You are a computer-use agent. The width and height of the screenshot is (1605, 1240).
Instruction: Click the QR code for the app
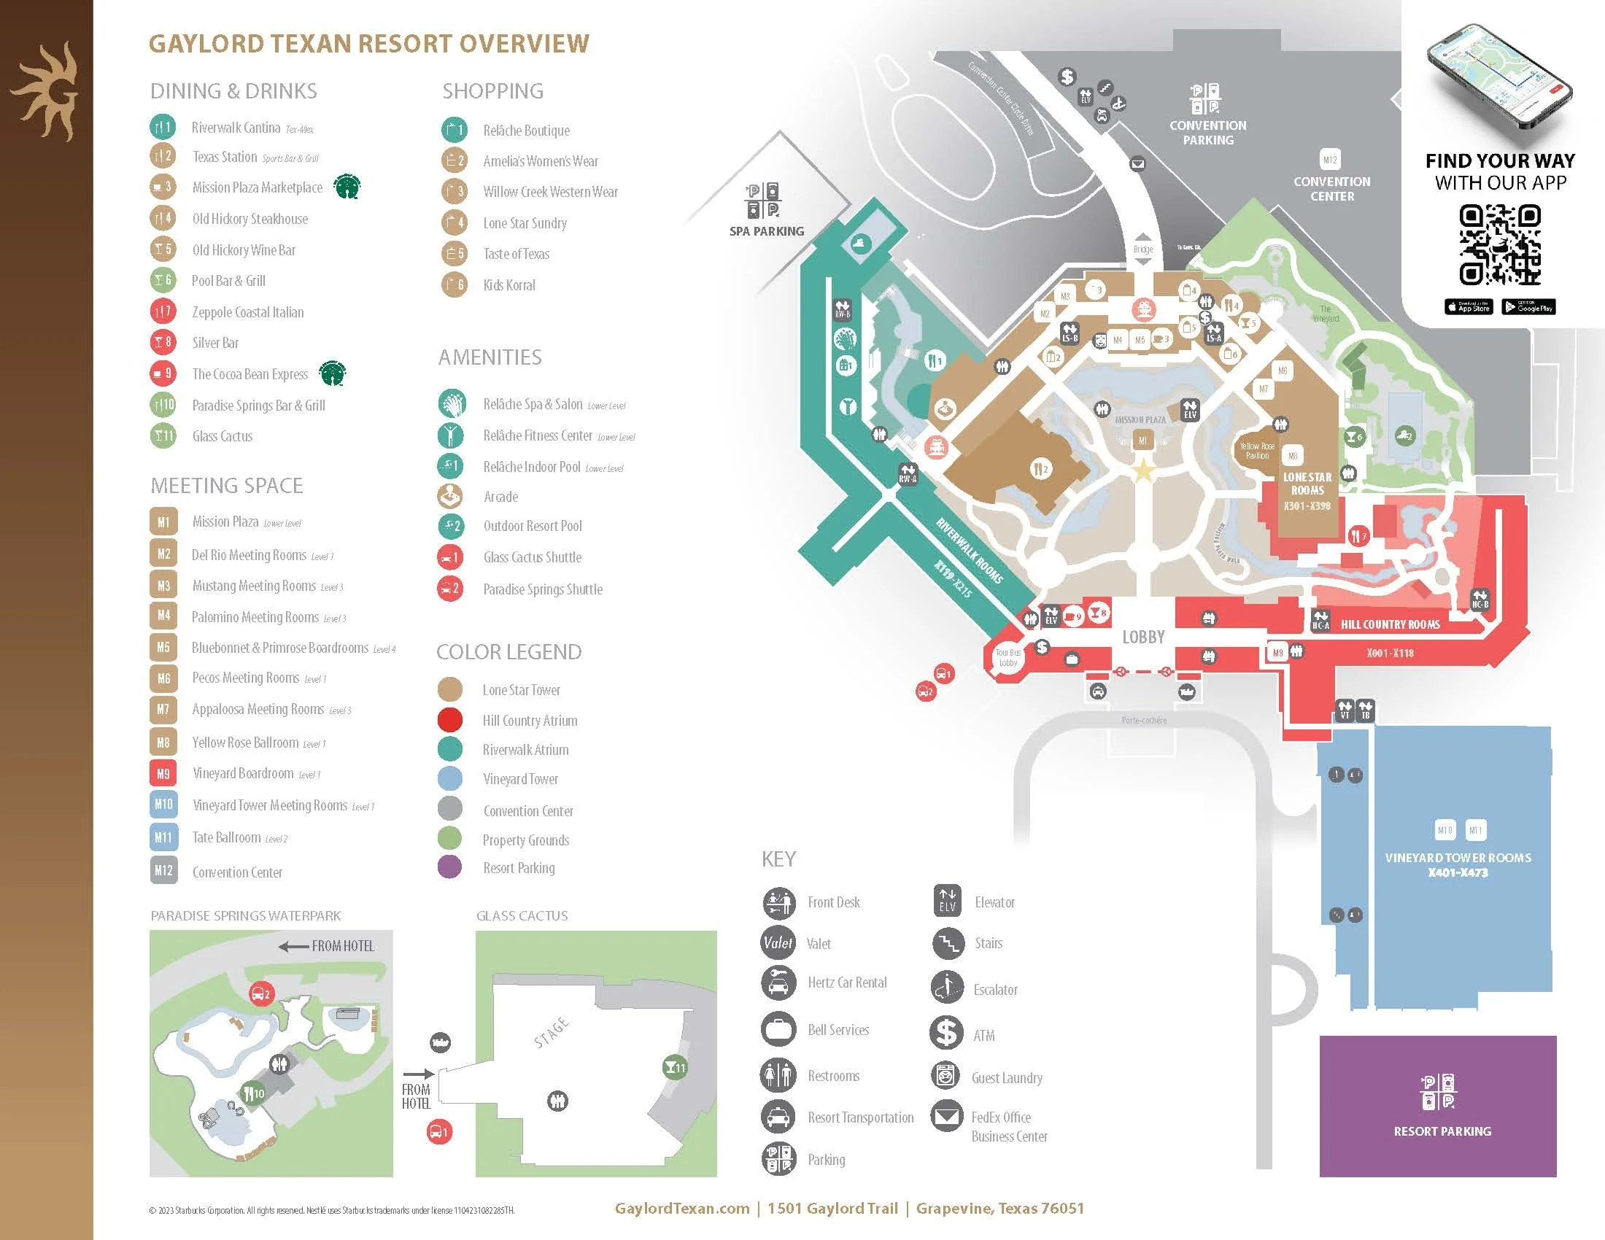pos(1499,245)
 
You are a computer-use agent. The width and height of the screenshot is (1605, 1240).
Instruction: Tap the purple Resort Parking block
pos(1437,1106)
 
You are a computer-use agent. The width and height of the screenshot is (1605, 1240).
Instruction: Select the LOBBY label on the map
pos(1142,637)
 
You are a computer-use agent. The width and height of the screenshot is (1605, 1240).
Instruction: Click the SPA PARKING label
pos(766,230)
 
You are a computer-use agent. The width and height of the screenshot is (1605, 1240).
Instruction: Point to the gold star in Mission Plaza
pos(1142,471)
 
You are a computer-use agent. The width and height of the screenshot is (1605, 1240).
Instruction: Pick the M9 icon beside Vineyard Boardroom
pos(163,773)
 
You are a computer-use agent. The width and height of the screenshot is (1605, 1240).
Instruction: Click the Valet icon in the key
pos(778,942)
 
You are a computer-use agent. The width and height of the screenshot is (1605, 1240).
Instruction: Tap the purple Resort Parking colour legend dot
pos(449,867)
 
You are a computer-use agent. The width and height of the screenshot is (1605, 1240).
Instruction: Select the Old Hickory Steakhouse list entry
pos(249,219)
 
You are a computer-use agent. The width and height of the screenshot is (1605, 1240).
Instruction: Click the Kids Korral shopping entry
pos(508,285)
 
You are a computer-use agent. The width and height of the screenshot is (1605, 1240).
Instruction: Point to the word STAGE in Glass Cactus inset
pos(551,1031)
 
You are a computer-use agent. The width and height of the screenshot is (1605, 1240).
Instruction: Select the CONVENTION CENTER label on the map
pos(1331,189)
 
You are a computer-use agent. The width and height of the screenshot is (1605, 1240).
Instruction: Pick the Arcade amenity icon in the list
pos(449,497)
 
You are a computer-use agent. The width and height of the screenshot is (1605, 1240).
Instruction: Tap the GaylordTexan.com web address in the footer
pos(682,1209)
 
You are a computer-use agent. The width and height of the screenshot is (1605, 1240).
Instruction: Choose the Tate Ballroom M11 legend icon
pos(163,837)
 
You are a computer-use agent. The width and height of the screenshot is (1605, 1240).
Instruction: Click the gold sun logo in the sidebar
pos(45,90)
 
